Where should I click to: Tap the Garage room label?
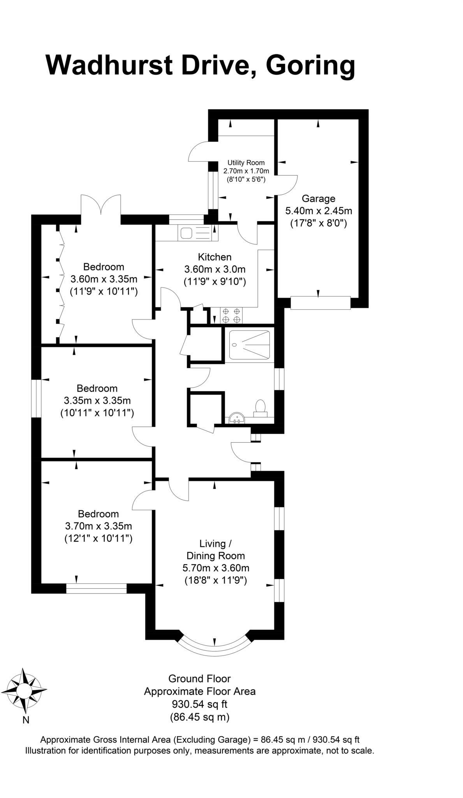point(318,199)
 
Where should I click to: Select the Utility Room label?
point(246,163)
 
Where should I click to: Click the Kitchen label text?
point(215,257)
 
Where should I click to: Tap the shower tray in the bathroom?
point(249,345)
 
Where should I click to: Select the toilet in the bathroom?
point(260,408)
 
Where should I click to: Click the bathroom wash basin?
point(236,418)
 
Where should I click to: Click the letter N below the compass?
point(26,720)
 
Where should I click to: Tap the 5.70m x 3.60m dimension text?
point(216,568)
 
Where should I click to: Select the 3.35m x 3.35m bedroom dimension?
point(97,401)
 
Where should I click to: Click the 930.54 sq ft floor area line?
point(199,704)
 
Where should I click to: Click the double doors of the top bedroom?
point(101,205)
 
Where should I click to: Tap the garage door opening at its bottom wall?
point(320,303)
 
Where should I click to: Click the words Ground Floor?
point(199,679)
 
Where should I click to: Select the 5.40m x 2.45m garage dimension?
point(319,211)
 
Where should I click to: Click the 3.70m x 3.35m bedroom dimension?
point(99,526)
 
